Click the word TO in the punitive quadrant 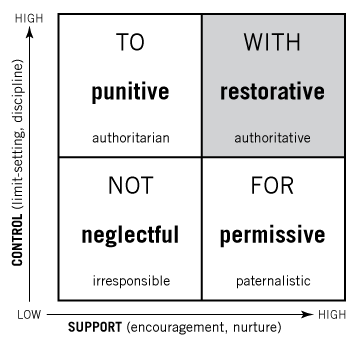130,42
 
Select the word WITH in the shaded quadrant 272,42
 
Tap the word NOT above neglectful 131,186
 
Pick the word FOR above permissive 272,186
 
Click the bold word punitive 130,92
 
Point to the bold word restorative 272,92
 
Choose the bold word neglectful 130,235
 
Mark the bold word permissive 272,235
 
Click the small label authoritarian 131,138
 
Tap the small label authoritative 273,138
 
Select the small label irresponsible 131,281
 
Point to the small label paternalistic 273,281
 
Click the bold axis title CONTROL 17,240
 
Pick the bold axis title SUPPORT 95,327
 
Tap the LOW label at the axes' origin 29,315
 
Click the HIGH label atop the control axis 29,19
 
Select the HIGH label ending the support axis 332,315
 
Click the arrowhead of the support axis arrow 307,314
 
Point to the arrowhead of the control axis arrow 30,32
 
